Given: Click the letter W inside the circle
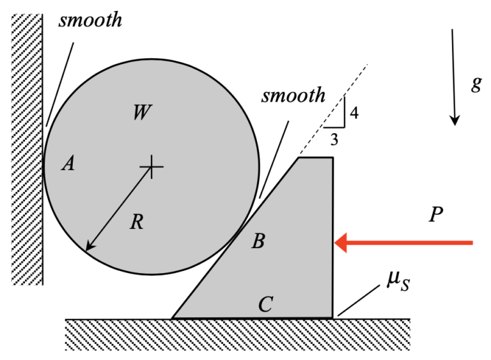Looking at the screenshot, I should [142, 113].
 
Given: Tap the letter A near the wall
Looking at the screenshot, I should [68, 165].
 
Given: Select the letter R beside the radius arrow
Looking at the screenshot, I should [136, 223].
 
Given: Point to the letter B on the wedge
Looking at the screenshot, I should [258, 242].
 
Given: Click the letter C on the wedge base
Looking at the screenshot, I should [266, 304].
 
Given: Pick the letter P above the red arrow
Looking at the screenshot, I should [436, 215].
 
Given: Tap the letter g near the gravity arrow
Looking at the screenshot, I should [476, 85].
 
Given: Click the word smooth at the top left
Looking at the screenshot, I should [90, 20].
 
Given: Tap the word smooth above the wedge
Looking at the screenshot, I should [293, 96].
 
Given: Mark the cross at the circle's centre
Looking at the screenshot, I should [151, 166].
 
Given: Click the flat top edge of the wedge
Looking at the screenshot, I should [315, 157].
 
